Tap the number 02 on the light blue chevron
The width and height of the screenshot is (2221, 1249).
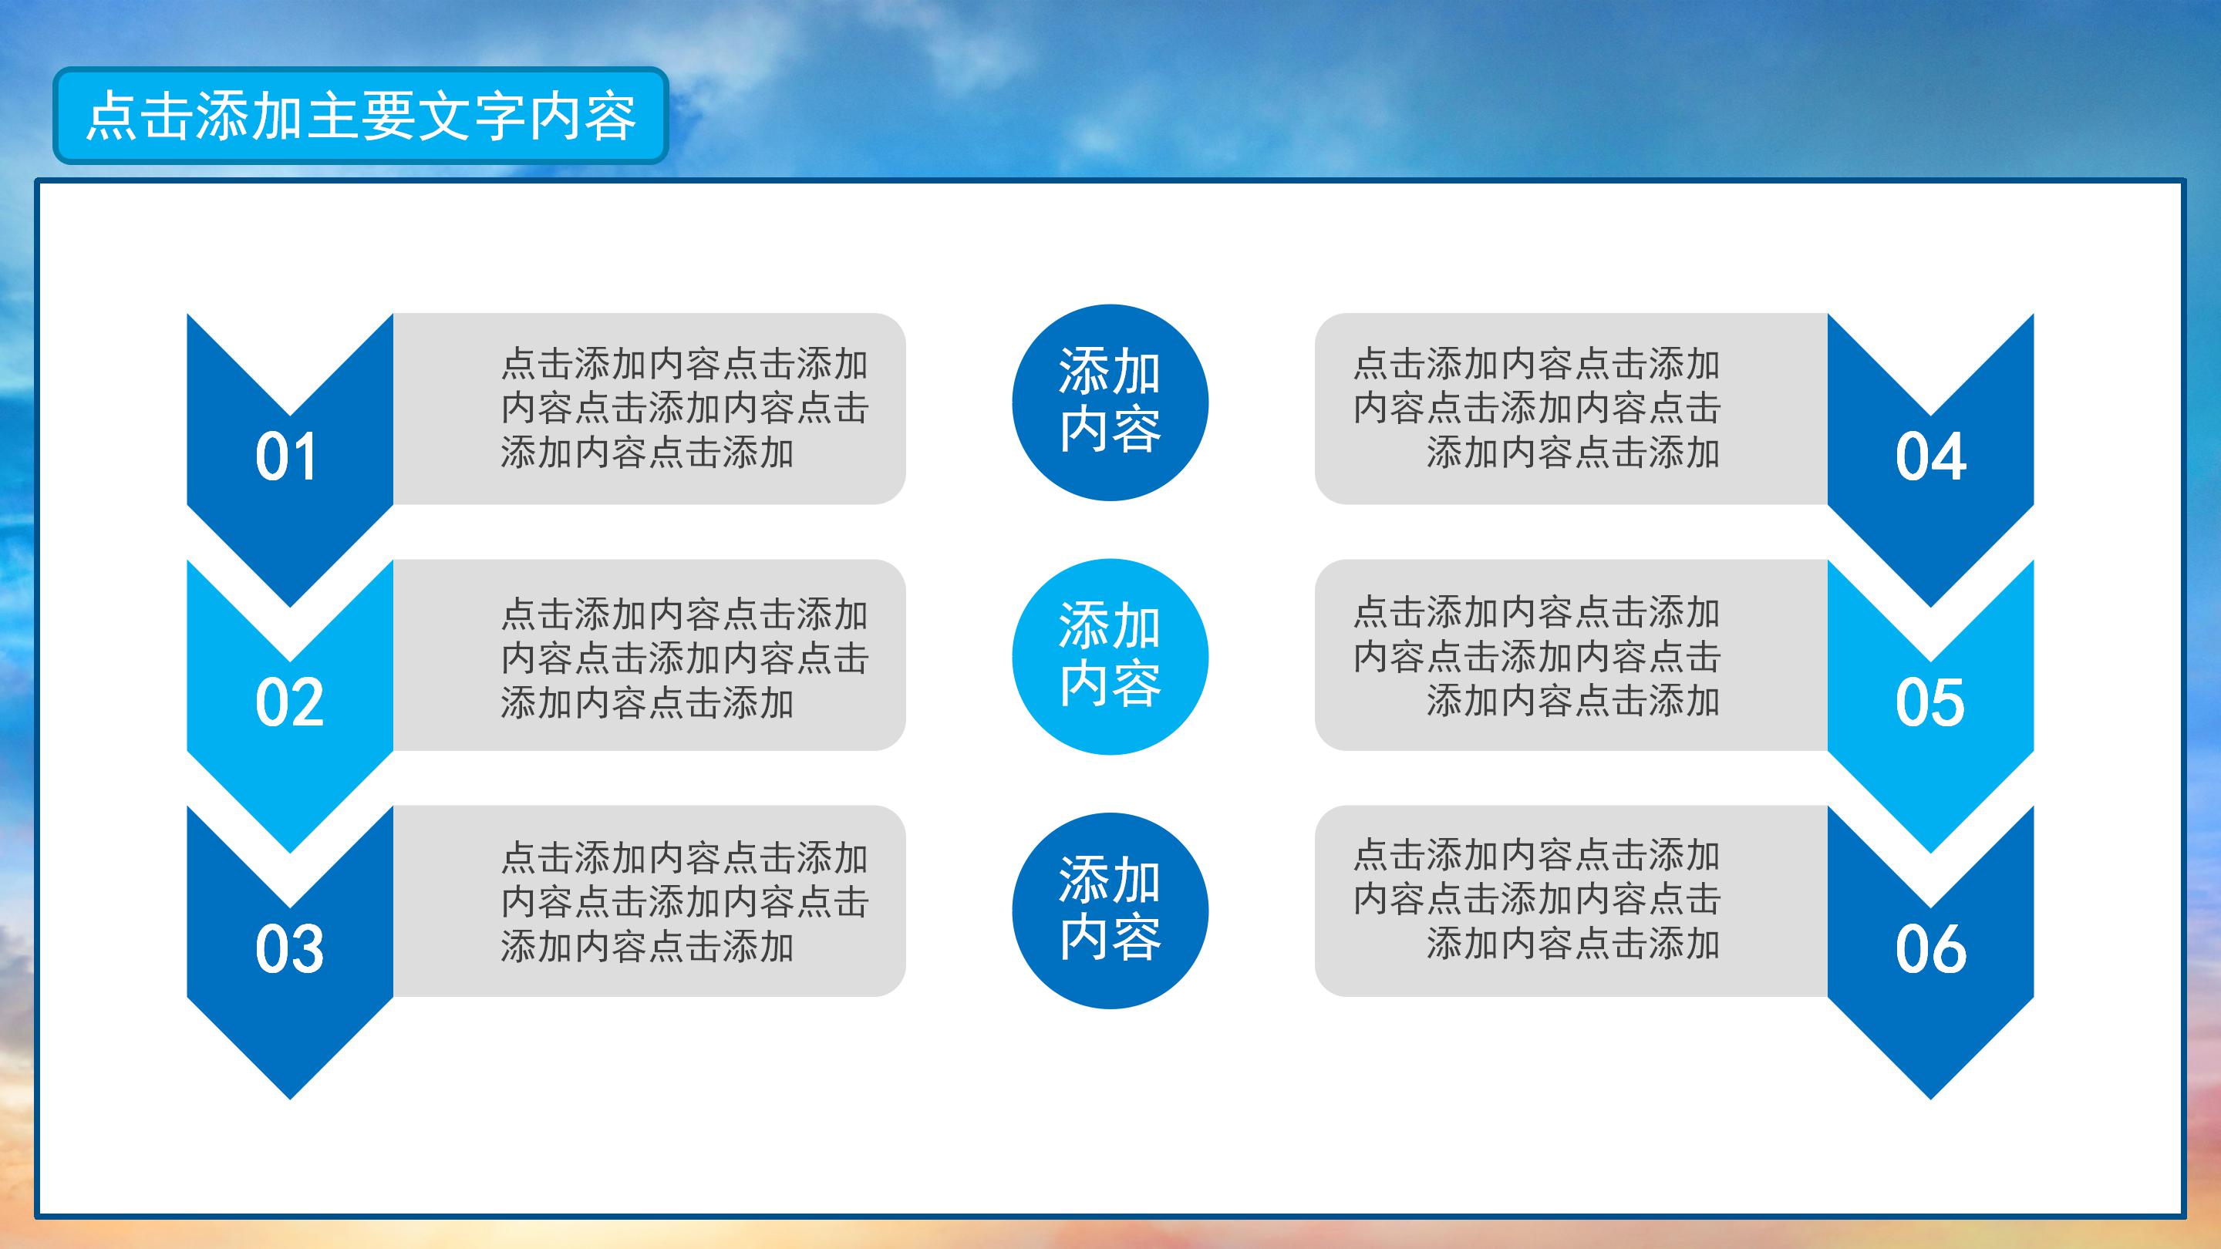pos(289,702)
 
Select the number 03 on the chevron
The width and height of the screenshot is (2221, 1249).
pos(289,949)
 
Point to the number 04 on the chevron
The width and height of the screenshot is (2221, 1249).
pos(1930,457)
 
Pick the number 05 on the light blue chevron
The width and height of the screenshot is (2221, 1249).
pos(1929,702)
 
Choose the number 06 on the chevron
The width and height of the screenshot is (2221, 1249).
pos(1930,949)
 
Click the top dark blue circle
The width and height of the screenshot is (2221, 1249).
pos(1110,402)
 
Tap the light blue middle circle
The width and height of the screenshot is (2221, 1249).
pos(1110,657)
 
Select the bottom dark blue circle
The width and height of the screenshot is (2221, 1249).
pos(1110,911)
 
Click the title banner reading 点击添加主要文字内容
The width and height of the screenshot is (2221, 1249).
pos(360,116)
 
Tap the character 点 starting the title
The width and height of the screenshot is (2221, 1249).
pos(112,117)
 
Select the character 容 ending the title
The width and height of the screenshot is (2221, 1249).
pos(609,117)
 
